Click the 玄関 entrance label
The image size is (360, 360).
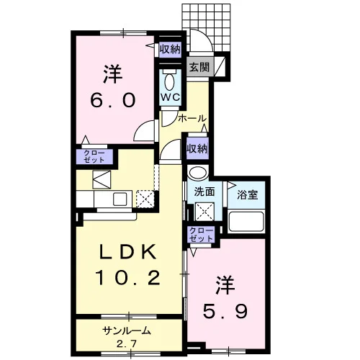199,67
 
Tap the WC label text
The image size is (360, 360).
171,97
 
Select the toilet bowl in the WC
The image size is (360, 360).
170,81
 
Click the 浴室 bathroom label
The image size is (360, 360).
248,195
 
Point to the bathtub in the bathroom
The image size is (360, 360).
246,221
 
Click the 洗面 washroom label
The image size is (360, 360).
204,192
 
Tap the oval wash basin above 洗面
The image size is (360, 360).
198,172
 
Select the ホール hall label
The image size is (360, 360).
192,118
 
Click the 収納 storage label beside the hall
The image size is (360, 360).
197,149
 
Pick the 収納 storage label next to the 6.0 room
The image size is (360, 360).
171,50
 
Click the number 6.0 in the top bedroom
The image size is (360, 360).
113,100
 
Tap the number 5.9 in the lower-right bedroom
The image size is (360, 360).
225,311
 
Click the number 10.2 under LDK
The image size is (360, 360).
128,278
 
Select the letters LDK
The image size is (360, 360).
128,252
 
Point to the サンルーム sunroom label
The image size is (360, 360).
127,331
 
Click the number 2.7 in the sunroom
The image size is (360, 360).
127,344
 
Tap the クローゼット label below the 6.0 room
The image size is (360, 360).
94,156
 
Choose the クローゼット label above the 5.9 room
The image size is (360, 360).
201,235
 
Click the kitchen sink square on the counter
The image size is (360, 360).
120,199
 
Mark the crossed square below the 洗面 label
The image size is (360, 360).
204,212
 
